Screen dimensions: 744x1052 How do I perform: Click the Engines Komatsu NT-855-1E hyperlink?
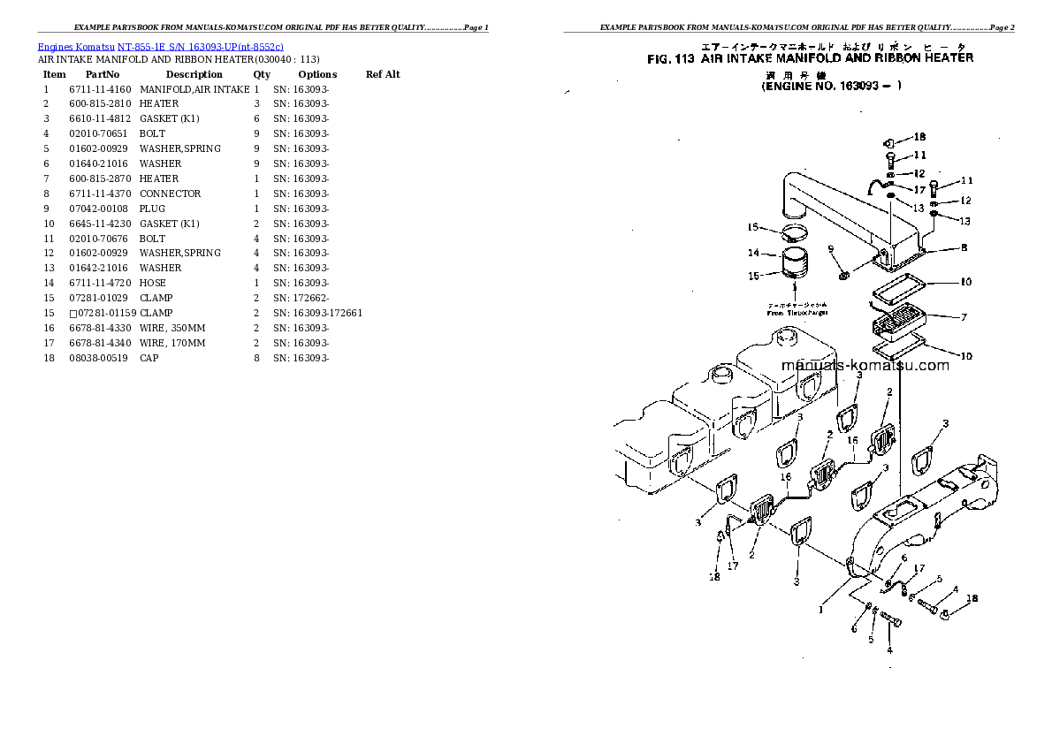click(x=160, y=46)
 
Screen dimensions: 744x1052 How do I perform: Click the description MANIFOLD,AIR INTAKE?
click(x=194, y=89)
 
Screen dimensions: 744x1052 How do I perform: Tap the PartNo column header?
click(x=103, y=74)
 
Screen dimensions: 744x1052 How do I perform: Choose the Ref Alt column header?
click(x=382, y=74)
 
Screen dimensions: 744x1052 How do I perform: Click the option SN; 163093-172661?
click(x=317, y=313)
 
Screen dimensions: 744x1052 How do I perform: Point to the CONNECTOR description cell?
click(x=170, y=194)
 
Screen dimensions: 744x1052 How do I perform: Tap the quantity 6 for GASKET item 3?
click(x=256, y=118)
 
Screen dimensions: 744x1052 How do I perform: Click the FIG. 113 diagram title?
click(x=810, y=58)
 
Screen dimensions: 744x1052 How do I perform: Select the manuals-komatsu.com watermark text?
click(x=865, y=366)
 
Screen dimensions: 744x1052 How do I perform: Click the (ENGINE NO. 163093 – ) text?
click(x=831, y=87)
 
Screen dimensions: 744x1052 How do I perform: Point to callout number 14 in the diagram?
click(x=754, y=253)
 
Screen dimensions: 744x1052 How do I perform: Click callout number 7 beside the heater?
click(x=964, y=316)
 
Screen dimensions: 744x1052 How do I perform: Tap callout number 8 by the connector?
click(x=964, y=248)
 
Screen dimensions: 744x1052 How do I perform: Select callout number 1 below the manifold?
click(x=820, y=609)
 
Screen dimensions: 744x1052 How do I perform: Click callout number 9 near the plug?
click(x=831, y=250)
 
